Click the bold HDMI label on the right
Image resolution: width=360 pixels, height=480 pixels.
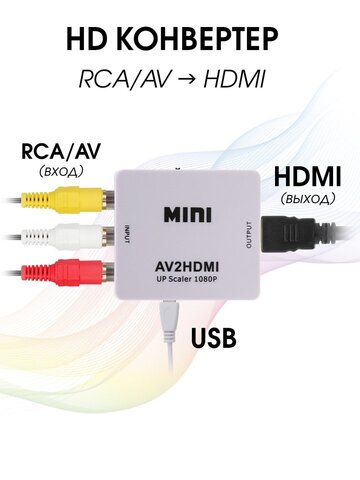(307, 176)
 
